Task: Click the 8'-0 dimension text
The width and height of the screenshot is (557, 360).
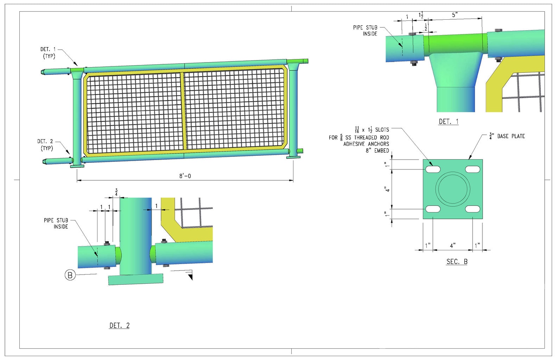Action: (185, 176)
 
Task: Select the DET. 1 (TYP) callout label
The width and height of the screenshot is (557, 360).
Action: (48, 53)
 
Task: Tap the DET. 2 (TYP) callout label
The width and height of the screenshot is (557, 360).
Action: (45, 145)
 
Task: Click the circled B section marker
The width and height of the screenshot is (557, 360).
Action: (70, 275)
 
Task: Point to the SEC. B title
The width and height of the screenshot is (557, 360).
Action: (457, 262)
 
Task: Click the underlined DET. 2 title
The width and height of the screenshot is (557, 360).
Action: (119, 326)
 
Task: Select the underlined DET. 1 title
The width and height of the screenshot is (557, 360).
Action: (448, 122)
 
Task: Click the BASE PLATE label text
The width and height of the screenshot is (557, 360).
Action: (507, 136)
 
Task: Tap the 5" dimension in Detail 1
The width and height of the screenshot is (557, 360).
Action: (455, 15)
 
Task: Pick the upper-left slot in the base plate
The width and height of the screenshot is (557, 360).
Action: (433, 169)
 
